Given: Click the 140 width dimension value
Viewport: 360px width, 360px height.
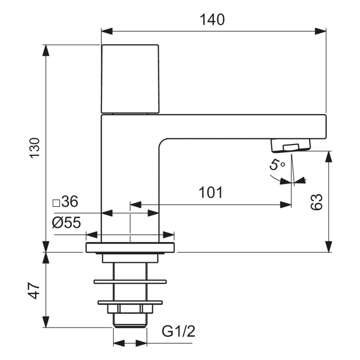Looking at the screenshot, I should coord(212,20).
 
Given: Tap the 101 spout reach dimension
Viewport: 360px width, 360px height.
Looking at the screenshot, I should coord(210,193).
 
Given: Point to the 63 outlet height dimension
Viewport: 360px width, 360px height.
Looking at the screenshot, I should coord(317,202).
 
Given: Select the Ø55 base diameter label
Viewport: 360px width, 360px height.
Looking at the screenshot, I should coord(66,222).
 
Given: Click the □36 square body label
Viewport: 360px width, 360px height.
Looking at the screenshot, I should coord(65,202).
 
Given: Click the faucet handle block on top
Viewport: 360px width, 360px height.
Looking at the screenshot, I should coord(130,78).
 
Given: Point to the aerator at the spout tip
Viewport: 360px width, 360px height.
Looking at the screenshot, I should coord(291,146).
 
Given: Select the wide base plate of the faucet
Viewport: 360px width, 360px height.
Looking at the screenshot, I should coord(130,248).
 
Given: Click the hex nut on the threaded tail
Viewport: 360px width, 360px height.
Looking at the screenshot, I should coord(130,309).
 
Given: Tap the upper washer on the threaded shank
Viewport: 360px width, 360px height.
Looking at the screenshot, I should coord(130,281).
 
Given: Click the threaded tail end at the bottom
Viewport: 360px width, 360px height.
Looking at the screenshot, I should coord(130,321).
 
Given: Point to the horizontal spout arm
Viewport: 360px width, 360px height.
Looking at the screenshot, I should coord(242,127).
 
